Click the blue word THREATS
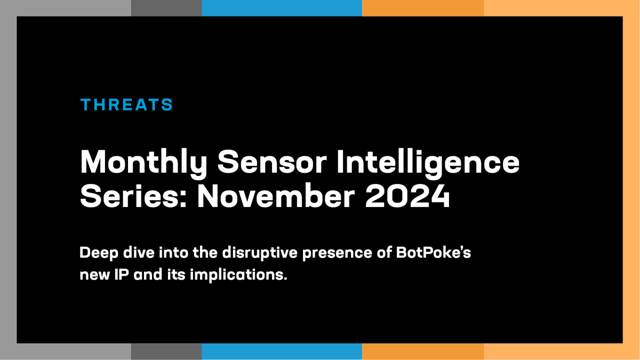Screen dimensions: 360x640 126,105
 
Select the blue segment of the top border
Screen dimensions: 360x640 282,7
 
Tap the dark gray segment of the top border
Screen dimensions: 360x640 166,7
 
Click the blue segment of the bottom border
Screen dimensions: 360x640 282,352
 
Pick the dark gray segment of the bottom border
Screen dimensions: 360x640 166,352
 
